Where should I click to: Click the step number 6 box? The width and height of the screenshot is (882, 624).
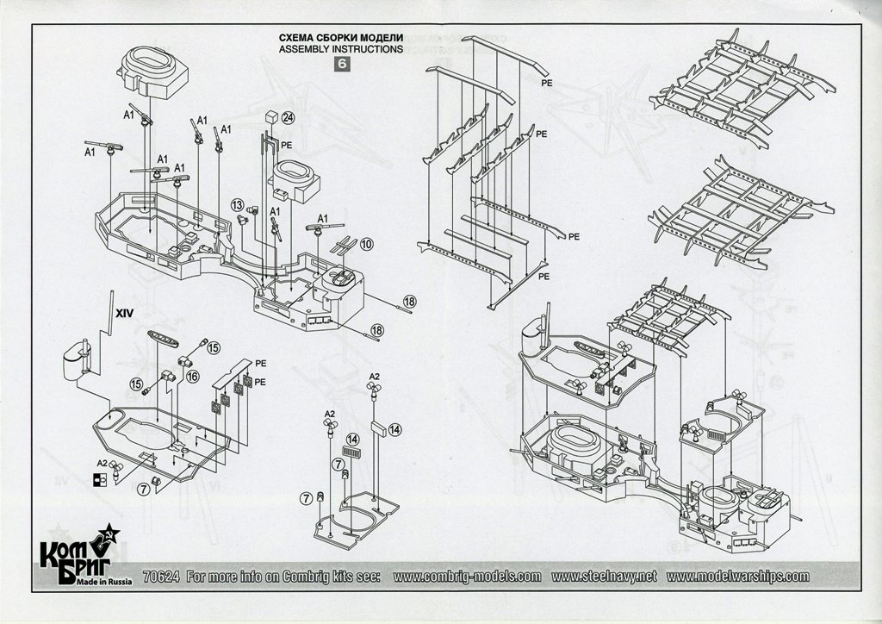[x=342, y=64]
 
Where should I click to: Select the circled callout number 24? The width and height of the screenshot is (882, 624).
[x=288, y=118]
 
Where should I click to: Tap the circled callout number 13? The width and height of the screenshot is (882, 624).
[x=238, y=205]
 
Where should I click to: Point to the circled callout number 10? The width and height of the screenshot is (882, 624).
[x=366, y=244]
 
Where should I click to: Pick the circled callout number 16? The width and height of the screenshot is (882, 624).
[x=192, y=376]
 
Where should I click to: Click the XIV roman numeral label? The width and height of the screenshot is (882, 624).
[x=124, y=313]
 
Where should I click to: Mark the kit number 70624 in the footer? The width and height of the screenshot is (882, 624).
[x=161, y=577]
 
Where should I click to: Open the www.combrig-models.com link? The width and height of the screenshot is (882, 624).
[x=467, y=577]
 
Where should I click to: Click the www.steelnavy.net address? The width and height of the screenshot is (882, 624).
[x=604, y=577]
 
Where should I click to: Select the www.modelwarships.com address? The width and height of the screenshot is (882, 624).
[x=737, y=577]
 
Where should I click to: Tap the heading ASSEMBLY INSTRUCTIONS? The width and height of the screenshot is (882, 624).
[x=341, y=49]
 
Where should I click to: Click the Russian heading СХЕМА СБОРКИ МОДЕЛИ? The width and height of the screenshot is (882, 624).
[x=341, y=38]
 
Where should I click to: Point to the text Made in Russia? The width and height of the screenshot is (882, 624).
[x=104, y=582]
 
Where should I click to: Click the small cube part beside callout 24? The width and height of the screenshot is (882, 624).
[x=271, y=117]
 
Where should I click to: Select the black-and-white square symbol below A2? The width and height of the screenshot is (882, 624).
[x=100, y=479]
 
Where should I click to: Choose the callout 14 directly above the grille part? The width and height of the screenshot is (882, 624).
[x=352, y=439]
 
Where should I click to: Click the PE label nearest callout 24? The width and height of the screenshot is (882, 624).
[x=286, y=145]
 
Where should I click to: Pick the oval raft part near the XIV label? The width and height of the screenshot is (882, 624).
[x=163, y=339]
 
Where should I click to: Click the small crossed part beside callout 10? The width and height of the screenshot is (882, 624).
[x=344, y=246]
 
